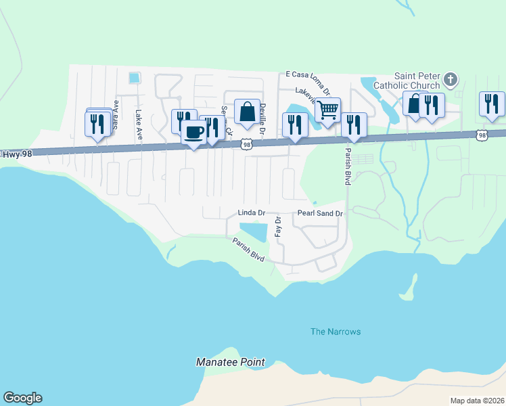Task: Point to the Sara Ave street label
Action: point(116,115)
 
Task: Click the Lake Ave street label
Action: point(139,125)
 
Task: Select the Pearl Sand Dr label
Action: point(321,213)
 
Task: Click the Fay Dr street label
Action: point(277,226)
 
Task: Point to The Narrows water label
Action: point(336,332)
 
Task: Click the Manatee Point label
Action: point(231,362)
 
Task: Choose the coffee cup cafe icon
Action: point(193,131)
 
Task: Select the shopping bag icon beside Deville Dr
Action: point(248,111)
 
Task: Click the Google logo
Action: point(22,398)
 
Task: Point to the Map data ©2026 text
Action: point(477,401)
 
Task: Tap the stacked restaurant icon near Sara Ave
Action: point(98,123)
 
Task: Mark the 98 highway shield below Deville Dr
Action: point(248,144)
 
